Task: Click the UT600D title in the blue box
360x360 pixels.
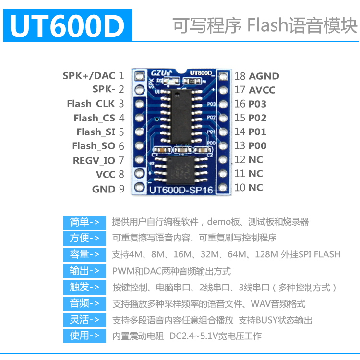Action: click(67, 26)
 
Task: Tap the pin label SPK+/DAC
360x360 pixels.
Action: click(89, 75)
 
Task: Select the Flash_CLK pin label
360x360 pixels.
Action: click(91, 104)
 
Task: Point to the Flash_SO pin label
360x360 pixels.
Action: click(94, 146)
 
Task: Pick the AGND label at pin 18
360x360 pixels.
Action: click(264, 76)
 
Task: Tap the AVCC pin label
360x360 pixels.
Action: click(262, 90)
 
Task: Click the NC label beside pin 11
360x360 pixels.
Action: click(255, 173)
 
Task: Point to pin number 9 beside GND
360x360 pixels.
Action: click(121, 189)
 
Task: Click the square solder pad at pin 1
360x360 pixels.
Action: click(140, 75)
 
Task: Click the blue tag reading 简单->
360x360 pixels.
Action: click(84, 222)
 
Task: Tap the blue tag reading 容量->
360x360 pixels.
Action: click(84, 254)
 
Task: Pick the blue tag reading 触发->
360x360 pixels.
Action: click(84, 287)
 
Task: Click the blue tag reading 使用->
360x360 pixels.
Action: click(84, 336)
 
